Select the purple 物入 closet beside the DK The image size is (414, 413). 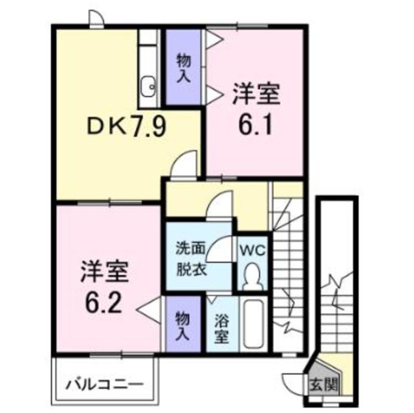coord(183,67)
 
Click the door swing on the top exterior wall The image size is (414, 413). coord(96,19)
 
